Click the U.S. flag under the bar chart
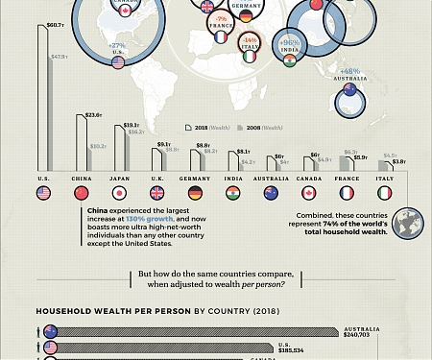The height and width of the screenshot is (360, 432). point(43,193)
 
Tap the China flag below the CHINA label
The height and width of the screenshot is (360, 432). point(82,193)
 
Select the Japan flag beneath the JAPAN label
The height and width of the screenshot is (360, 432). point(120,193)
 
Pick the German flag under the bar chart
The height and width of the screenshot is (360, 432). point(196,193)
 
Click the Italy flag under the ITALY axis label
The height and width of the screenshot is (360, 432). point(385,193)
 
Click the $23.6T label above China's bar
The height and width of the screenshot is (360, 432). point(93,114)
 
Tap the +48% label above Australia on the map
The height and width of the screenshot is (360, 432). point(350,71)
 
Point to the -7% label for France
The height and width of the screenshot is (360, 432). point(221,19)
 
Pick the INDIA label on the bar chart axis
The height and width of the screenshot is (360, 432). point(234,178)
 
